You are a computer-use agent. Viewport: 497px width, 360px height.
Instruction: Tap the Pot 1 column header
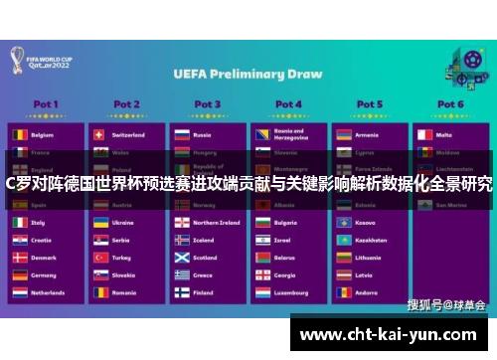point(46,103)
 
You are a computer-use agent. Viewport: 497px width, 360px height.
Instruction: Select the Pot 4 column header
point(288,103)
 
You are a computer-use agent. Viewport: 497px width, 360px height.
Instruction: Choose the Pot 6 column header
point(449,103)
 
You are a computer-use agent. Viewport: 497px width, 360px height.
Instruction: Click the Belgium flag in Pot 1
point(19,134)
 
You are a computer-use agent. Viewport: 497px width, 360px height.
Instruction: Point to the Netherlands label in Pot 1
point(50,293)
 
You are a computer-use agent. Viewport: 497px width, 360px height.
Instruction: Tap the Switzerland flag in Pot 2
point(99,134)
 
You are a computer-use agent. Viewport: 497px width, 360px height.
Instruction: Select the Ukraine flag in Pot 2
point(99,223)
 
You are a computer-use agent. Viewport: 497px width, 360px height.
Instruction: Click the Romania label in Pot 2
point(124,293)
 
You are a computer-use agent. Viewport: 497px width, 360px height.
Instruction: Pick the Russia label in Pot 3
point(203,134)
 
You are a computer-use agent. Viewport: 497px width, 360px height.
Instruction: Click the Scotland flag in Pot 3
point(181,258)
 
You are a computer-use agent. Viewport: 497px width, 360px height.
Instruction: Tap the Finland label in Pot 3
point(203,293)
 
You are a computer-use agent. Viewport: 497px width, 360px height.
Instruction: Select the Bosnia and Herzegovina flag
point(261,134)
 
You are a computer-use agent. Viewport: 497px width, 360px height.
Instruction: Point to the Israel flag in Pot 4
point(261,241)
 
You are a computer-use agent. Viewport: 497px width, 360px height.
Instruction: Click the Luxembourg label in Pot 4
point(291,293)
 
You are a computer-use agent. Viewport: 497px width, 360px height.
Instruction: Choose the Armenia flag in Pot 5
point(342,134)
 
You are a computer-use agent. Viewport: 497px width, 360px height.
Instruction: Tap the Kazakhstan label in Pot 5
point(372,241)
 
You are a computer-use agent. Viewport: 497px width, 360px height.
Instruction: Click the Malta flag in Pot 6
point(422,134)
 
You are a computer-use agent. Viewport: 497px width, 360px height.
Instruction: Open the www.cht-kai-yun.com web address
point(391,335)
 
